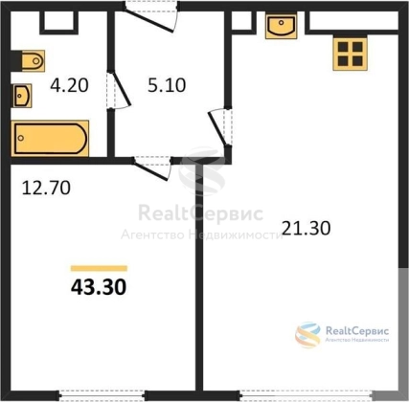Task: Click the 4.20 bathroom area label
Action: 69,85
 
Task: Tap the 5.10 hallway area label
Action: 167,85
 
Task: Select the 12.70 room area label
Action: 46,188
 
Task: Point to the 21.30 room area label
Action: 307,228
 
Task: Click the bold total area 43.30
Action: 99,287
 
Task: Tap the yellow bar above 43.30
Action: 99,268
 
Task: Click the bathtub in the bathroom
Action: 50,138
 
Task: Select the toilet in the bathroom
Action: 32,60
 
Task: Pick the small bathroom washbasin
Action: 22,96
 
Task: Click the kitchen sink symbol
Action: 281,26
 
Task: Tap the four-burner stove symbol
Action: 350,53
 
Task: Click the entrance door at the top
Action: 150,17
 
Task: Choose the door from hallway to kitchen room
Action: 220,127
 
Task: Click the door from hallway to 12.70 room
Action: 152,168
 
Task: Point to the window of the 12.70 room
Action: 102,395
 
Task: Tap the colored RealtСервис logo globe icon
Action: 307,335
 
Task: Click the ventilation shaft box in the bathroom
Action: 59,22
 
